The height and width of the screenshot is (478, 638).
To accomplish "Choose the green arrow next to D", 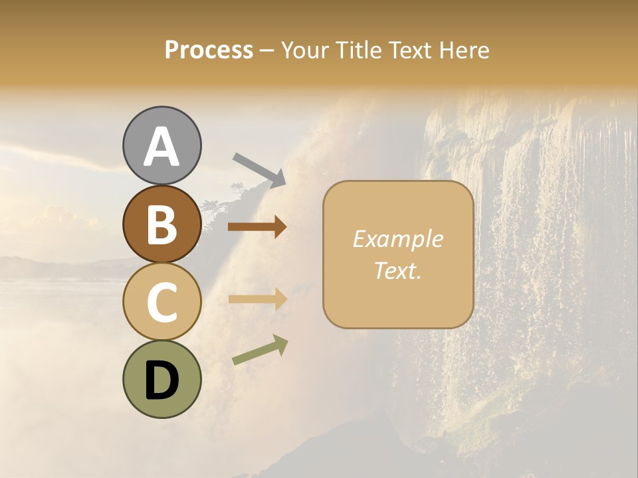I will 260,350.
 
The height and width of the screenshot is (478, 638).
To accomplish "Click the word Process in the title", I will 209,50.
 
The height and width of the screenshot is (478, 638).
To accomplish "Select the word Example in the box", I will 397,239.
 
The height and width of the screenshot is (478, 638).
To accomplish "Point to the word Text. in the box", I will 397,270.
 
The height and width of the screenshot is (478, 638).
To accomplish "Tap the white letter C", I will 161,302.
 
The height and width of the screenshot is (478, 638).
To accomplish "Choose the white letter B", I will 161,224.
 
